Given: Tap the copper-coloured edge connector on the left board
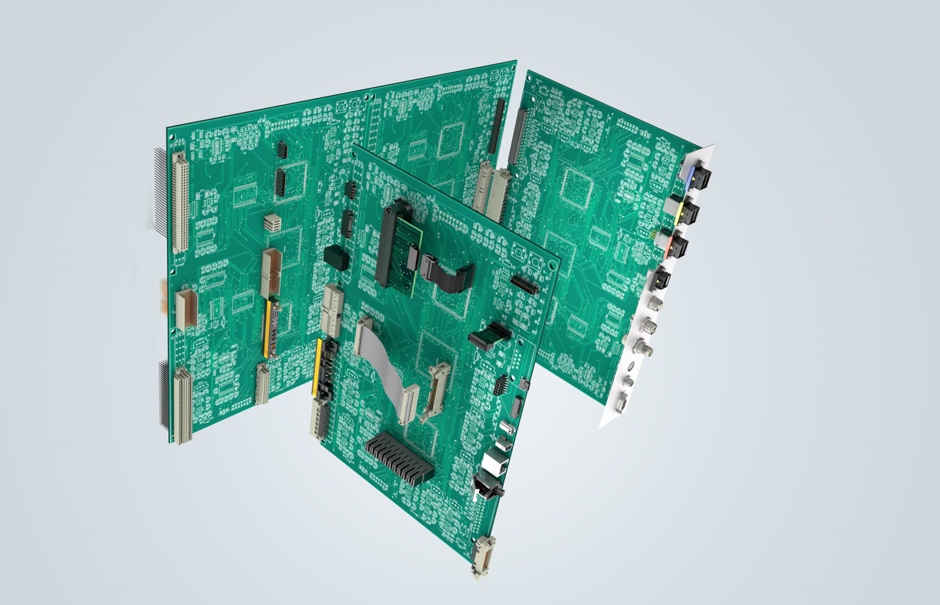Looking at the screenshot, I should [x=186, y=307].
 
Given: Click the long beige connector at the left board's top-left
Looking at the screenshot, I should [x=181, y=202].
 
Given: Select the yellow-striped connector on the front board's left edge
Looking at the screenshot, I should [x=319, y=367].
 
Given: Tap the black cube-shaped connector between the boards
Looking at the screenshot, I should [x=336, y=257].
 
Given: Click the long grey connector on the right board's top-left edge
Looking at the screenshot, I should [x=518, y=137].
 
